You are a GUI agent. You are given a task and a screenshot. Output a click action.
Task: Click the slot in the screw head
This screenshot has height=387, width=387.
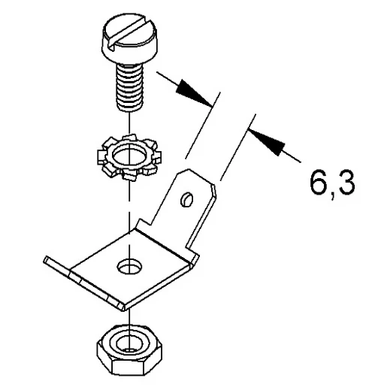[129, 31]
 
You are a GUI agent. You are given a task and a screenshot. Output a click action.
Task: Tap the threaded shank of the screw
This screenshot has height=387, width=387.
[129, 87]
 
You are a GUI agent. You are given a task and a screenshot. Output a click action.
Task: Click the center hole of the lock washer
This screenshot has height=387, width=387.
[129, 157]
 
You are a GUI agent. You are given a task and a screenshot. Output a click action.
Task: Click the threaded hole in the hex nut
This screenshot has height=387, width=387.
[128, 344]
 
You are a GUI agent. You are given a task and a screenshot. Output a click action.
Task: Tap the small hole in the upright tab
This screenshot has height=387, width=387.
[187, 199]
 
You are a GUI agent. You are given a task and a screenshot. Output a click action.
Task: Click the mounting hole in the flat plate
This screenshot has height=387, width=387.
[129, 267]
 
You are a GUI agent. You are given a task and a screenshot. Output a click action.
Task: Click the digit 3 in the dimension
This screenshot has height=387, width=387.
[346, 182]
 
